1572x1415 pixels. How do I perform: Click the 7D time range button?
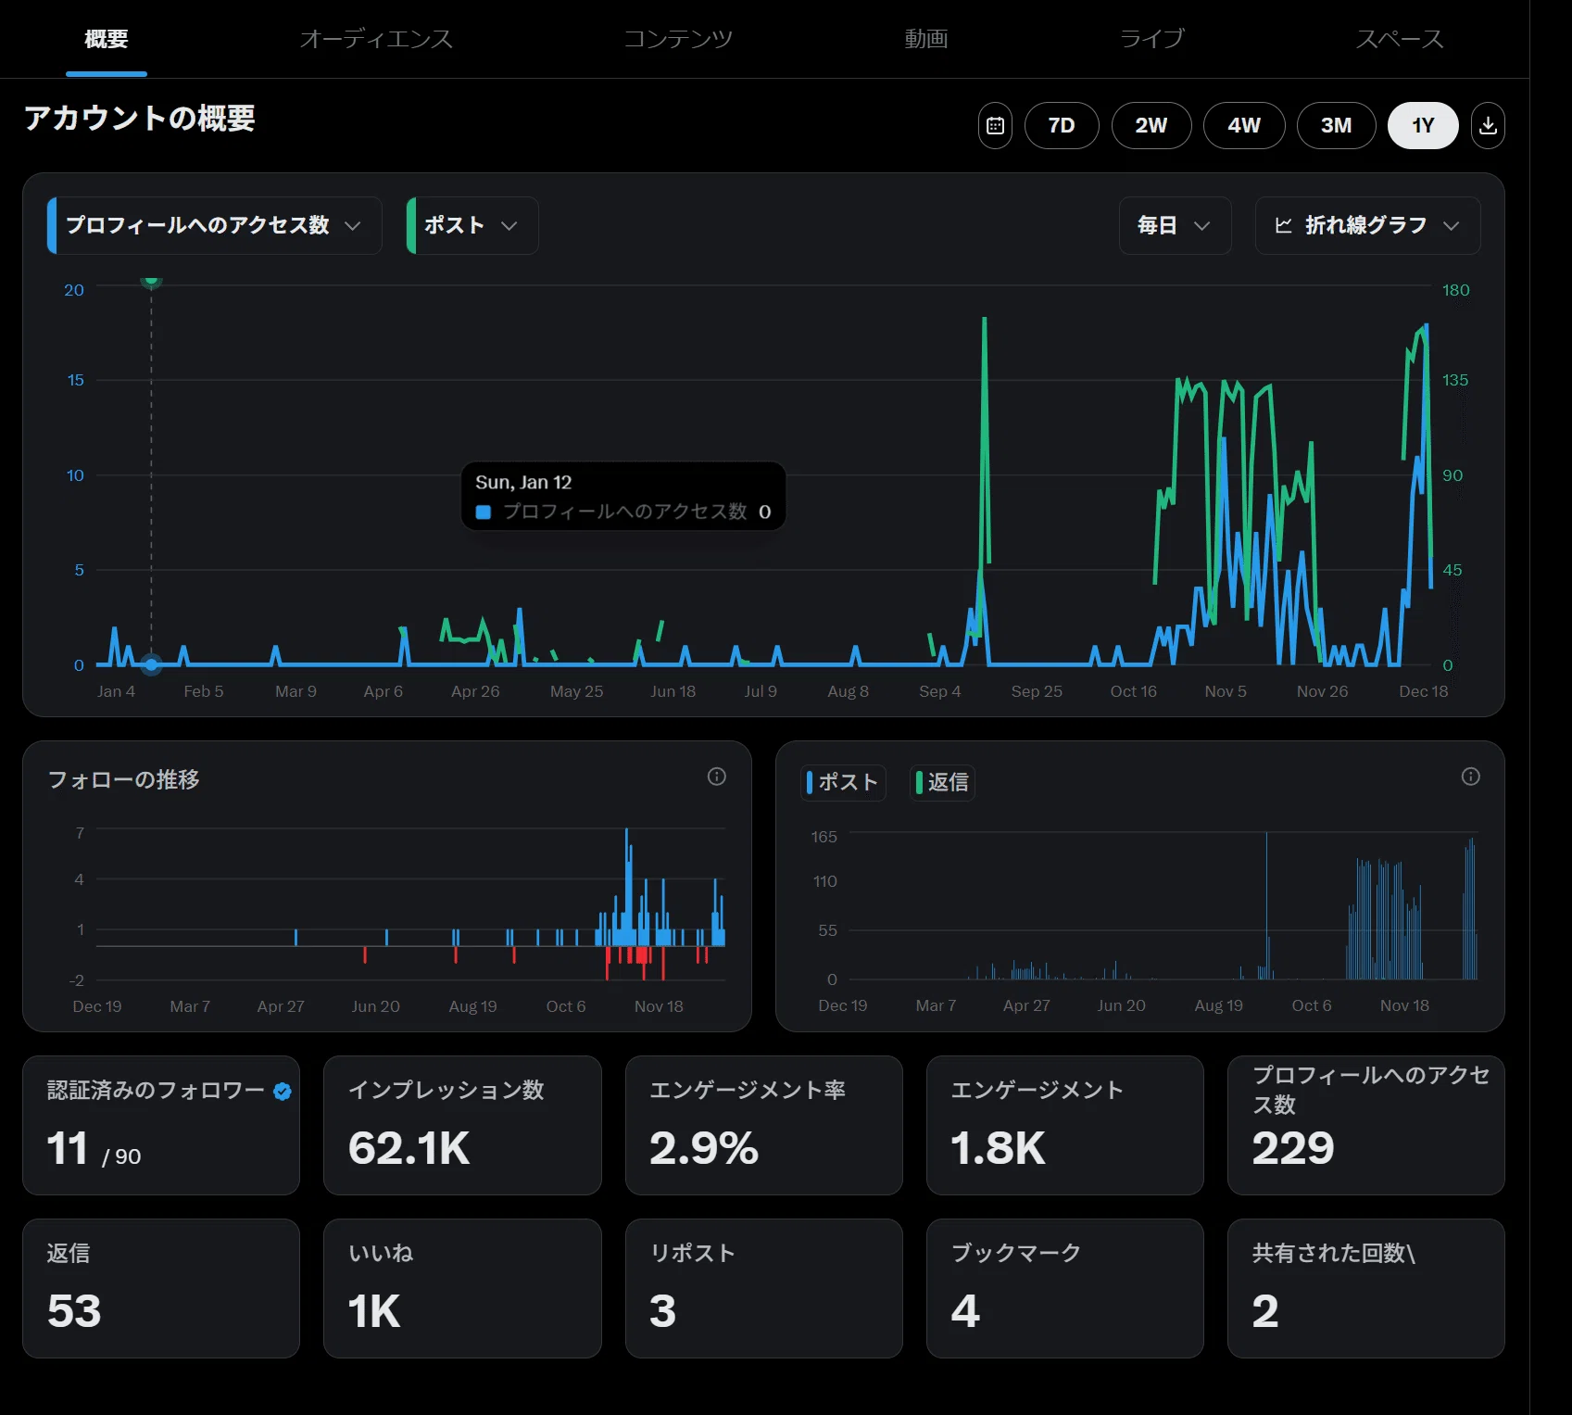pyautogui.click(x=1062, y=125)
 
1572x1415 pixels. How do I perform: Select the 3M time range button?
pyautogui.click(x=1336, y=125)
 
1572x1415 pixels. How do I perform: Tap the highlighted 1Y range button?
pyautogui.click(x=1423, y=125)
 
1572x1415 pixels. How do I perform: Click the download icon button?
pyautogui.click(x=1488, y=125)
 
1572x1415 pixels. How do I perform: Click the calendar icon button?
pyautogui.click(x=995, y=125)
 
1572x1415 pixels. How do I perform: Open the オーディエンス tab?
pyautogui.click(x=376, y=39)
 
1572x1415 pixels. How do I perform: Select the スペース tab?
pyautogui.click(x=1400, y=39)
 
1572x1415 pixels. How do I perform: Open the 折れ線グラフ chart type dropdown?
pyautogui.click(x=1367, y=225)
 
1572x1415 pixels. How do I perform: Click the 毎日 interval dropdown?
pyautogui.click(x=1175, y=225)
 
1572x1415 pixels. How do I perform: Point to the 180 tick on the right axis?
pyautogui.click(x=1455, y=290)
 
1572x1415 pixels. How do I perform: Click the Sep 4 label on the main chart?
pyautogui.click(x=939, y=691)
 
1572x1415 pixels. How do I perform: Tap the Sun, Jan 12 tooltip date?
pyautogui.click(x=523, y=482)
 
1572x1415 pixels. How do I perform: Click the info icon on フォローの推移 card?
pyautogui.click(x=717, y=777)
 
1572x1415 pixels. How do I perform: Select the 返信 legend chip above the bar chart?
pyautogui.click(x=942, y=782)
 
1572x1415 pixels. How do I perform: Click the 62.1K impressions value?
pyautogui.click(x=409, y=1148)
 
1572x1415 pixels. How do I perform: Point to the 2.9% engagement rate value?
pyautogui.click(x=704, y=1148)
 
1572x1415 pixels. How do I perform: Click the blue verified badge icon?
pyautogui.click(x=283, y=1092)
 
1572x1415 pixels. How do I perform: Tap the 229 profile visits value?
pyautogui.click(x=1293, y=1148)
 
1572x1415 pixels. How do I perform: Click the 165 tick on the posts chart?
pyautogui.click(x=824, y=837)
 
